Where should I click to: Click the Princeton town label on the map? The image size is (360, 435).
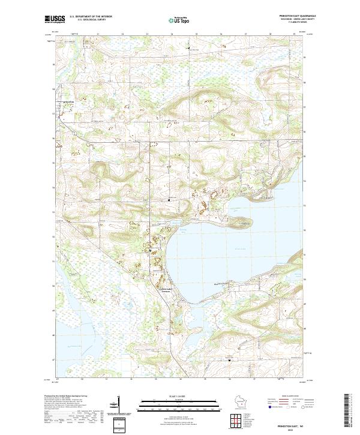point(67,103)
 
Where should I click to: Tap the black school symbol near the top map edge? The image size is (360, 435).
point(190,47)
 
